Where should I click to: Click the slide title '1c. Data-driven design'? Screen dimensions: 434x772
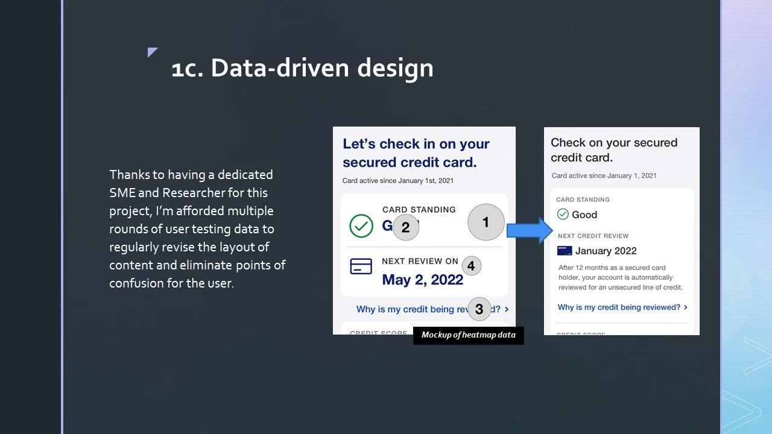point(302,68)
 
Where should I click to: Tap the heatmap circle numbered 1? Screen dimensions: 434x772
point(486,222)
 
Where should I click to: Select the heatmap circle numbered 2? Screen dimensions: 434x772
point(405,227)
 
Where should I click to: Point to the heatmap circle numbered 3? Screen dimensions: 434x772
point(479,309)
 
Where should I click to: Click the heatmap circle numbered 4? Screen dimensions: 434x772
point(471,265)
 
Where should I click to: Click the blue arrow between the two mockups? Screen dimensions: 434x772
point(530,230)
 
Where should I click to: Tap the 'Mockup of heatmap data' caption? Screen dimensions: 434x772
point(468,335)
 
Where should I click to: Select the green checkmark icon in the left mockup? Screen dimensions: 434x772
point(361,226)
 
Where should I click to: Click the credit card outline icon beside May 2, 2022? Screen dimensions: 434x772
point(361,266)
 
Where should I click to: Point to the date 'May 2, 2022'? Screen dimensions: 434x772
point(422,280)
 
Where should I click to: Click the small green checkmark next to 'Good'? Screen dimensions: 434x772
point(563,214)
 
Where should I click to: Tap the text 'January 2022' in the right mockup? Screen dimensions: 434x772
point(606,251)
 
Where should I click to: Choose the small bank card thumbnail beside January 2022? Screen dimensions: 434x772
point(565,251)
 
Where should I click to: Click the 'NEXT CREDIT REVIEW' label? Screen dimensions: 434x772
point(593,236)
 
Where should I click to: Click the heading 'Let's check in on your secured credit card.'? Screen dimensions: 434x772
point(416,153)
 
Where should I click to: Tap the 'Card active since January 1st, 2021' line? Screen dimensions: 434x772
point(397,180)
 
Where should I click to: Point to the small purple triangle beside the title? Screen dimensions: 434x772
point(152,52)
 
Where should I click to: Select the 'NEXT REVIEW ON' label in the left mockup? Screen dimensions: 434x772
point(420,261)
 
